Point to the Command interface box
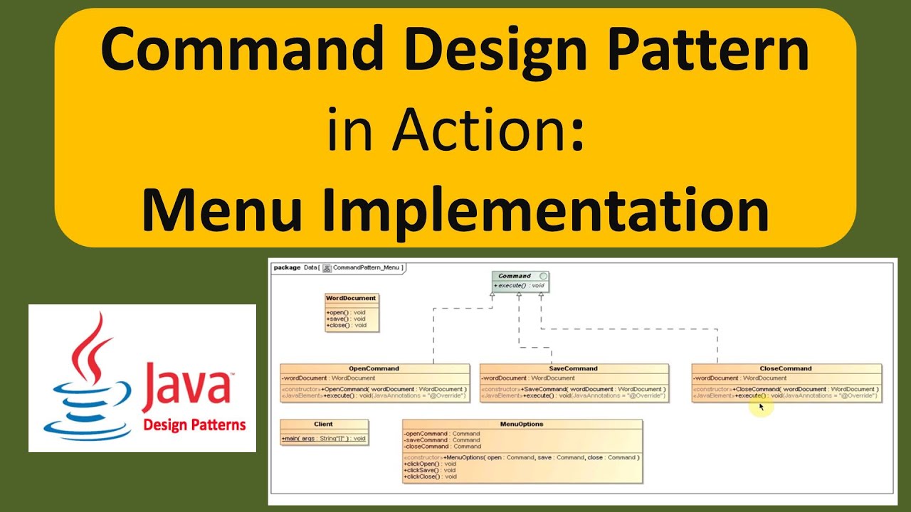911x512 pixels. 520,281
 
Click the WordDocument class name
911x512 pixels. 351,298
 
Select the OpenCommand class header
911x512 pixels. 374,368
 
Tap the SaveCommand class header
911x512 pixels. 574,368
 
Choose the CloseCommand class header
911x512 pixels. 786,368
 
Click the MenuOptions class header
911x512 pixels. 522,424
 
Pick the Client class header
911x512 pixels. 324,424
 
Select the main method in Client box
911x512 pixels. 325,439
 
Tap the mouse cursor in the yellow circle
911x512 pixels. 761,407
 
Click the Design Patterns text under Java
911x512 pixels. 194,425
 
